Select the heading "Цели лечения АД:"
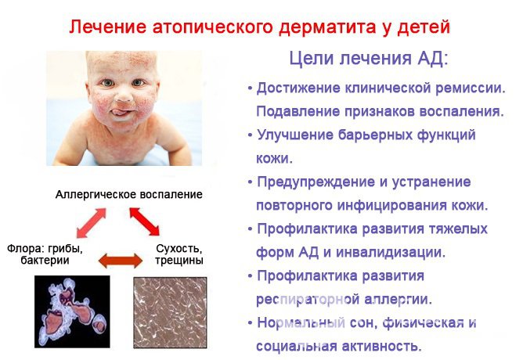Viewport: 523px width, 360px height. (x=369, y=59)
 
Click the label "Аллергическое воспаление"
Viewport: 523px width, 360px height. (x=129, y=193)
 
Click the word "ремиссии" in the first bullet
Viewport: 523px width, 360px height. (x=467, y=88)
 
